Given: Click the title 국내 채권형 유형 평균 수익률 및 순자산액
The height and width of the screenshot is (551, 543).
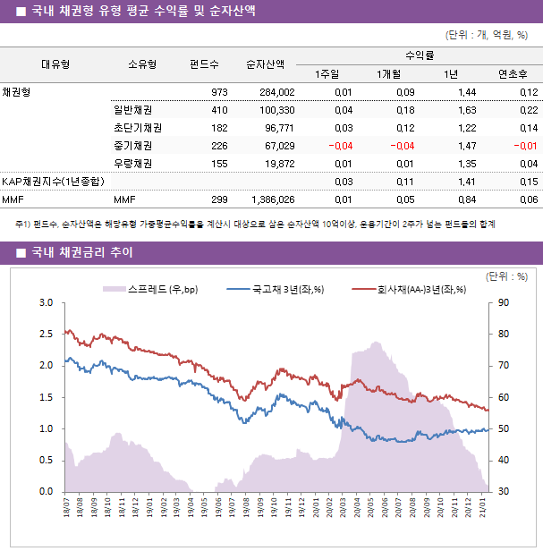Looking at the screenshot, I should [x=142, y=12].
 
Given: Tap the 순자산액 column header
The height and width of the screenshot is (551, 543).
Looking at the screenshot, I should [x=266, y=64].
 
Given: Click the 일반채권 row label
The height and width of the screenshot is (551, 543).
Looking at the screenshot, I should [x=132, y=110].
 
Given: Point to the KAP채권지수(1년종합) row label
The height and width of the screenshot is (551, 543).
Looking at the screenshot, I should [x=53, y=182].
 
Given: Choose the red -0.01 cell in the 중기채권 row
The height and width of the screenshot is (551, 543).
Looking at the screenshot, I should [x=524, y=146].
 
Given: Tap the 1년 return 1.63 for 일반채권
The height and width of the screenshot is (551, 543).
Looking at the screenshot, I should [x=465, y=110].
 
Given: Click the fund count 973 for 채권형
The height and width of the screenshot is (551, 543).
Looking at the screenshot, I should [x=219, y=92].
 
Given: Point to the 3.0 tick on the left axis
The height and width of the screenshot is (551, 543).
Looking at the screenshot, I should [x=47, y=303].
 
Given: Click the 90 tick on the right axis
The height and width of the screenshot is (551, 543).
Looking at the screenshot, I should [x=504, y=303].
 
